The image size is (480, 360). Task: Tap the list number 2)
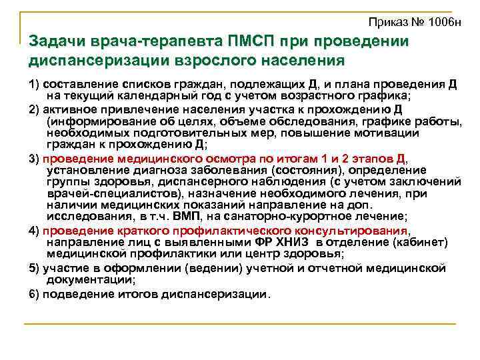(34, 109)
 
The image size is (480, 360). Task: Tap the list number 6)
(34, 293)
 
